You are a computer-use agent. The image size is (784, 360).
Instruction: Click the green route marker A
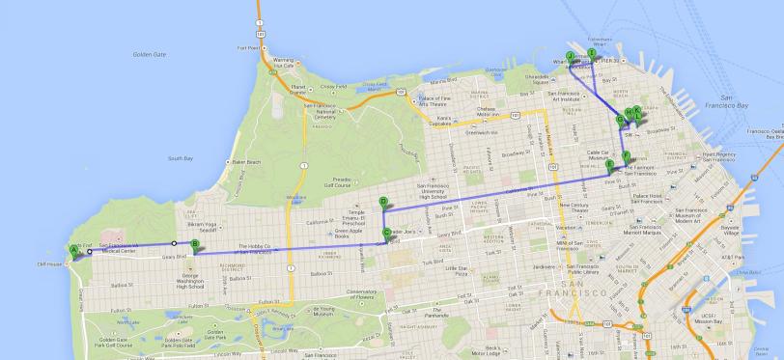pyautogui.click(x=72, y=250)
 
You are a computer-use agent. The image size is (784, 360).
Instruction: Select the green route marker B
pyautogui.click(x=195, y=244)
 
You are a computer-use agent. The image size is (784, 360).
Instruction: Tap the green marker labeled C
pyautogui.click(x=387, y=233)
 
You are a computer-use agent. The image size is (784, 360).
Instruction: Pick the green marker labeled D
pyautogui.click(x=383, y=202)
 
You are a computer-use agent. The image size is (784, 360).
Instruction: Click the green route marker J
pyautogui.click(x=571, y=56)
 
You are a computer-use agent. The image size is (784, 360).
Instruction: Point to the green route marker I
pyautogui.click(x=592, y=52)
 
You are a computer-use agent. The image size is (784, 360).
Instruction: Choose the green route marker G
pyautogui.click(x=621, y=120)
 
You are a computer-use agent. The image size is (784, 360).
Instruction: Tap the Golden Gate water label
pyautogui.click(x=150, y=55)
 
